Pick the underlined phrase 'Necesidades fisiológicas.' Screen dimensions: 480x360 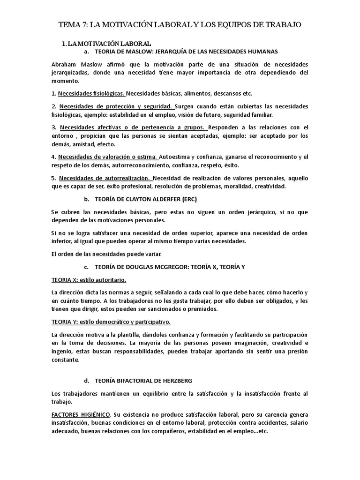(x=90, y=93)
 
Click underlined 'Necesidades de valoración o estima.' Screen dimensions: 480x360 (x=108, y=157)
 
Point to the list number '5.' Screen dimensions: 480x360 (x=54, y=178)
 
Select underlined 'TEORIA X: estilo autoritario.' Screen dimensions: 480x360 (x=89, y=280)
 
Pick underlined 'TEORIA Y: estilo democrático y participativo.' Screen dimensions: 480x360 (x=111, y=322)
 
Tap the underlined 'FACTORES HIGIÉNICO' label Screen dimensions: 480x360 (x=81, y=415)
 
